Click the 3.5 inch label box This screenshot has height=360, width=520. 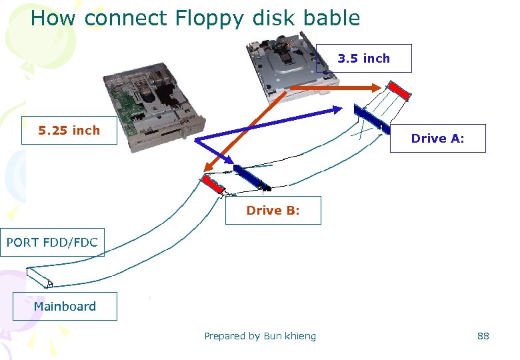[x=363, y=58]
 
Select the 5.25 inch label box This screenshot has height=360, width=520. [x=69, y=130]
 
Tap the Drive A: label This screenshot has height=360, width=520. [x=437, y=139]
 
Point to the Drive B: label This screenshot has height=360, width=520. [x=273, y=210]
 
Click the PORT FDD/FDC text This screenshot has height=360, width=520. [x=52, y=242]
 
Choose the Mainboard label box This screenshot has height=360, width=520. [x=65, y=306]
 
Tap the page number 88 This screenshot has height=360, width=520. [x=483, y=336]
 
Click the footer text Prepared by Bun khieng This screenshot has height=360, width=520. [x=260, y=336]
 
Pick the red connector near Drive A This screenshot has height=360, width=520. [x=399, y=90]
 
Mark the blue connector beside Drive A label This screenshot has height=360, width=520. [x=371, y=119]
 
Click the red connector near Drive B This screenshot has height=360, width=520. [x=213, y=183]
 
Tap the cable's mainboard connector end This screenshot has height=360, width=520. [x=39, y=277]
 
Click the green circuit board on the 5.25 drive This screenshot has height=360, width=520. [x=127, y=107]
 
